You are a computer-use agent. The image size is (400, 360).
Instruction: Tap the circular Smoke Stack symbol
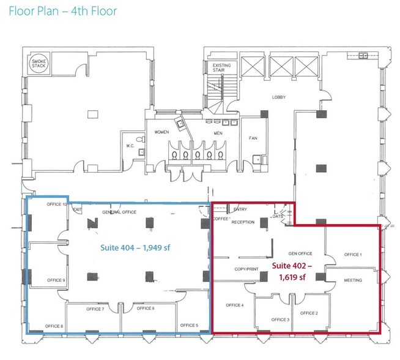pyautogui.click(x=41, y=65)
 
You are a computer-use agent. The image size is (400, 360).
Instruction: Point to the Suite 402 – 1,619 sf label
pyautogui.click(x=296, y=271)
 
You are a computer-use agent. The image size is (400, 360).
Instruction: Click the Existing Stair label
pyautogui.click(x=221, y=68)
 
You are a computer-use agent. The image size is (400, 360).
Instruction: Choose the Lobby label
pyautogui.click(x=279, y=97)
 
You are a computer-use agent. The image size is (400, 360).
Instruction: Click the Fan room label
pyautogui.click(x=253, y=138)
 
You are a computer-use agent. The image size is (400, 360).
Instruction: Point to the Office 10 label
pyautogui.click(x=56, y=204)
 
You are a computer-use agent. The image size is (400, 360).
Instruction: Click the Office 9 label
pyautogui.click(x=56, y=280)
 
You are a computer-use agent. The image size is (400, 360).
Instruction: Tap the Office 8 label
pyautogui.click(x=54, y=326)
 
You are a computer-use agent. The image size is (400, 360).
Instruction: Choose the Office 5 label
pyautogui.click(x=189, y=325)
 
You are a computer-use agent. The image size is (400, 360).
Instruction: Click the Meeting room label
pyautogui.click(x=353, y=280)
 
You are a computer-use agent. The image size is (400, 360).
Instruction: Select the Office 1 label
pyautogui.click(x=353, y=254)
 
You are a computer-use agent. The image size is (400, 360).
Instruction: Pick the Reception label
pyautogui.click(x=243, y=222)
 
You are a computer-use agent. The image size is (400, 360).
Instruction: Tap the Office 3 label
pyautogui.click(x=280, y=320)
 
